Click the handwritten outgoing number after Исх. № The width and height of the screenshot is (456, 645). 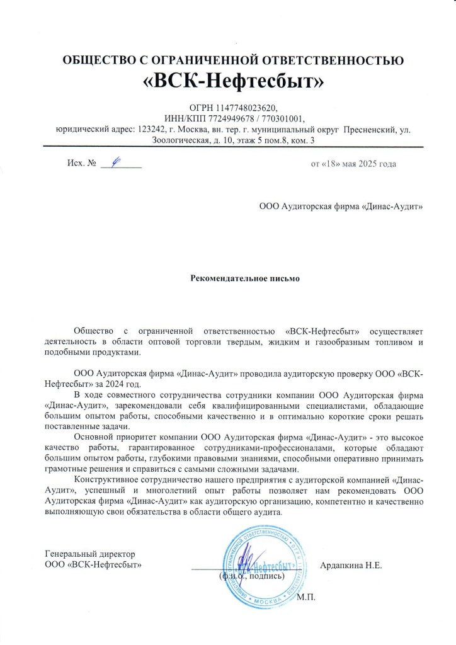pos(115,163)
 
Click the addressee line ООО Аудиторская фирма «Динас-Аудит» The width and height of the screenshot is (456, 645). pos(341,207)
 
